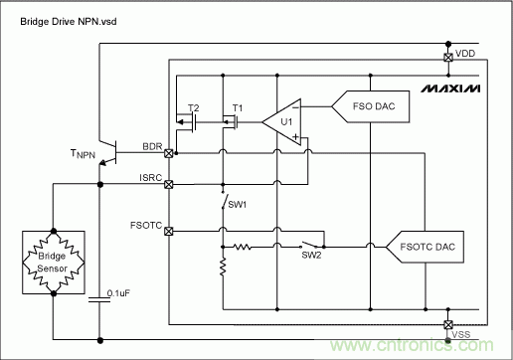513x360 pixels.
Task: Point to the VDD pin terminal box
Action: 448,57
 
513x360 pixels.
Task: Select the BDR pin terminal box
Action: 169,153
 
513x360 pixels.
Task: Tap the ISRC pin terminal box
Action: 169,184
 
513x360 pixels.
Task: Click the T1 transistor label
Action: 237,106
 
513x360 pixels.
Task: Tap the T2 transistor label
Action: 194,106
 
